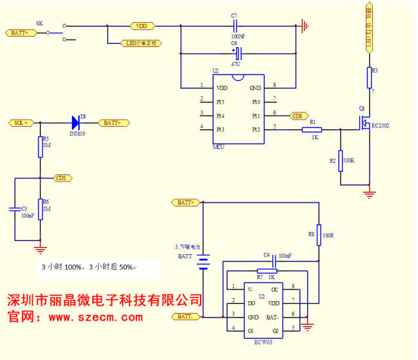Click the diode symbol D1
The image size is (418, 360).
pos(75,122)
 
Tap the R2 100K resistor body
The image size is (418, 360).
pos(340,161)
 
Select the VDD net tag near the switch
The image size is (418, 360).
pos(141,26)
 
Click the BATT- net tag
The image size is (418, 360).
pos(185,317)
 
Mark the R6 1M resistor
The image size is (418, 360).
pos(40,209)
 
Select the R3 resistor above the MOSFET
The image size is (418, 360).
pos(369,78)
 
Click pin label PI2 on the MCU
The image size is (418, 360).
pos(257,129)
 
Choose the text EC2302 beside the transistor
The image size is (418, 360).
pos(380,125)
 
